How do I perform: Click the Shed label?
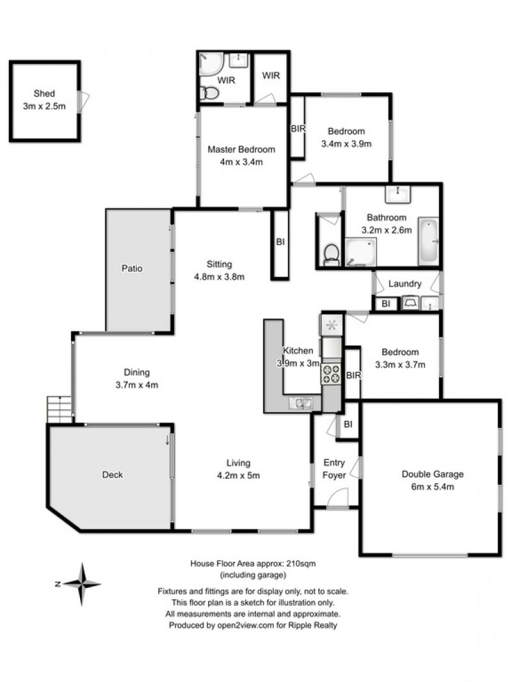pyautogui.click(x=44, y=93)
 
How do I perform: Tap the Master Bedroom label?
pyautogui.click(x=241, y=150)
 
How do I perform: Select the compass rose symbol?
pyautogui.click(x=81, y=584)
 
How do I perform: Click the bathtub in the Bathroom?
pyautogui.click(x=428, y=241)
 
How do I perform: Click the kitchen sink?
pyautogui.click(x=300, y=403)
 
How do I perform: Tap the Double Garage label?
pyautogui.click(x=433, y=474)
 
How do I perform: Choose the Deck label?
pyautogui.click(x=112, y=475)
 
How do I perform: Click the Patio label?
pyautogui.click(x=132, y=268)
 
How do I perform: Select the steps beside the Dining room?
pyautogui.click(x=59, y=409)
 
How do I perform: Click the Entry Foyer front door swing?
pyautogui.click(x=337, y=497)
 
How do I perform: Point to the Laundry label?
pyautogui.click(x=404, y=284)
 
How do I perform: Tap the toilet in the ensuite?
pyautogui.click(x=210, y=93)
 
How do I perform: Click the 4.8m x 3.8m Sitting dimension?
pyautogui.click(x=220, y=276)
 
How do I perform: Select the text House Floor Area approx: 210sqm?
pyautogui.click(x=253, y=564)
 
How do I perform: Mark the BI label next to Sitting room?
pyautogui.click(x=280, y=242)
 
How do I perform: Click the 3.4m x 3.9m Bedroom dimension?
pyautogui.click(x=346, y=144)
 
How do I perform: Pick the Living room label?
pyautogui.click(x=238, y=463)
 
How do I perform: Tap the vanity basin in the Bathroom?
pyautogui.click(x=397, y=194)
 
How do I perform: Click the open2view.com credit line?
pyautogui.click(x=253, y=626)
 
